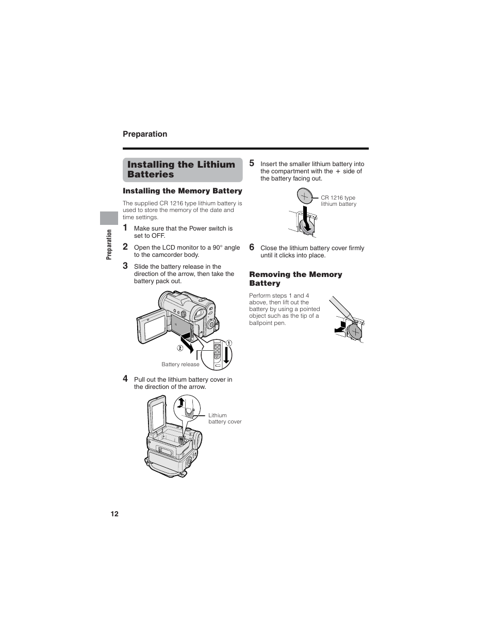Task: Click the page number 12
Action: pos(114,514)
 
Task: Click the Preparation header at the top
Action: pos(145,134)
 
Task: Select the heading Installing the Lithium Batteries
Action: pos(181,169)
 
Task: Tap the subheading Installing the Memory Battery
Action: pos(182,191)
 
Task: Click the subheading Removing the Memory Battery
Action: pos(296,279)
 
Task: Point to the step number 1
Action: pos(125,227)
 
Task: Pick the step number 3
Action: pos(125,266)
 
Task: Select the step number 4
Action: pos(125,379)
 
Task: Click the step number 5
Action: pos(252,163)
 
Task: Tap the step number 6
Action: pos(252,247)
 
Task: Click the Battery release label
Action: pos(180,364)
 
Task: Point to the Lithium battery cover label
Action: pos(224,418)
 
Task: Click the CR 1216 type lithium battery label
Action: pos(338,201)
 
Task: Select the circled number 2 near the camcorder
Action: pos(180,348)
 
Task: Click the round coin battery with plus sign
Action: pos(304,196)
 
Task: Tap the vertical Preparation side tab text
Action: pos(109,244)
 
